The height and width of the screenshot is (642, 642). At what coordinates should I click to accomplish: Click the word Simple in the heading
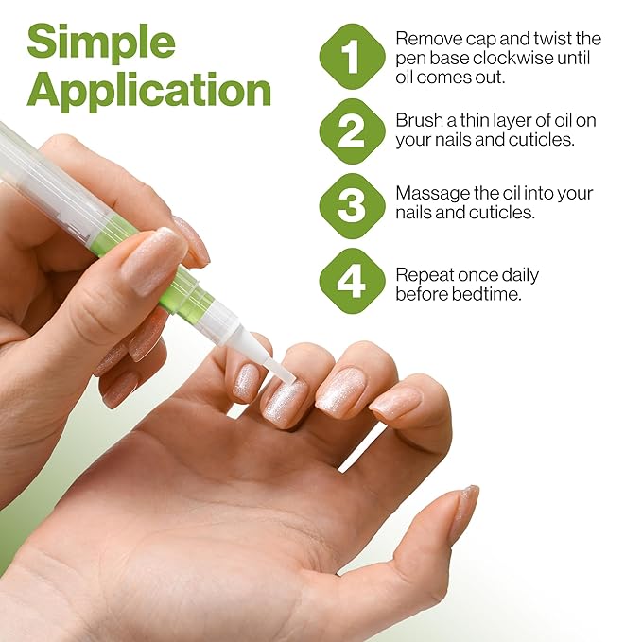101,43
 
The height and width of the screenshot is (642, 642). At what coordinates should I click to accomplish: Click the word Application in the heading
149,91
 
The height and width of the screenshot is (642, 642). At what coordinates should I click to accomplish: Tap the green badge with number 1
352,57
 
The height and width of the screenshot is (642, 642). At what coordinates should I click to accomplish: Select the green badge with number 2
352,130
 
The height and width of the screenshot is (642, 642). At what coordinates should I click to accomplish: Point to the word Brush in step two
419,121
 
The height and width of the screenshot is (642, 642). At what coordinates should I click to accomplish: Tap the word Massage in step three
428,193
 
